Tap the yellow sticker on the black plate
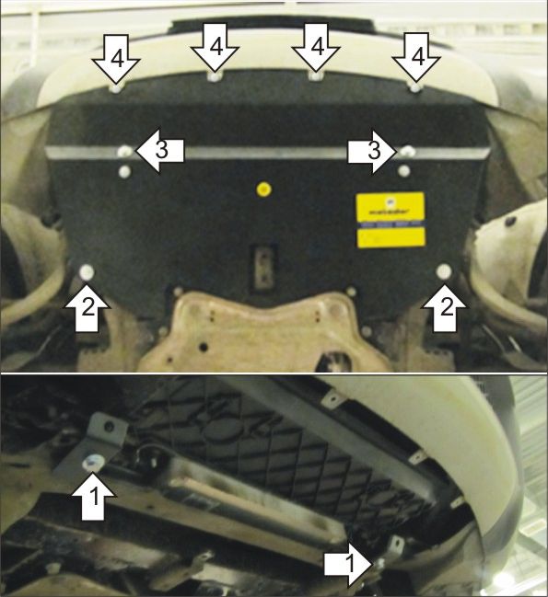pos(390,219)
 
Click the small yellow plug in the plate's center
pos(264,190)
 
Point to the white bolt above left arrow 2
pos(87,272)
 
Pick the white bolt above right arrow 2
pos(443,272)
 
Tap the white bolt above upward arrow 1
pos(92,462)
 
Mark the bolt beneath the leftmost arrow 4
pos(115,91)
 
